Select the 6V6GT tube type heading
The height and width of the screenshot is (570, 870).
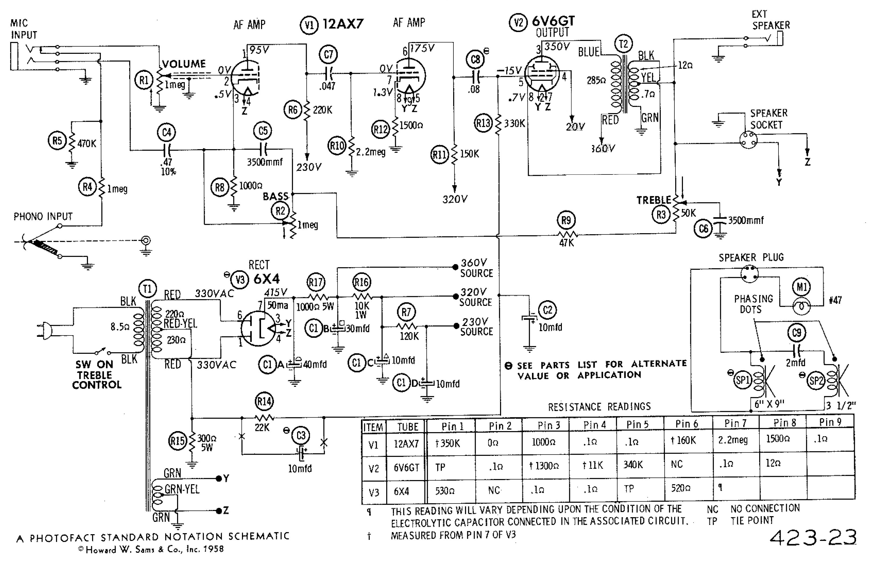pos(553,21)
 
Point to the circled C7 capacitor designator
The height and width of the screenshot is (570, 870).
pos(328,54)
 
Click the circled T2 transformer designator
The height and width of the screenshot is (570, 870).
pos(623,44)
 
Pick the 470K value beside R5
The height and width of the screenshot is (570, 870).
pos(87,144)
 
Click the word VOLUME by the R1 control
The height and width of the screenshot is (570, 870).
pos(184,64)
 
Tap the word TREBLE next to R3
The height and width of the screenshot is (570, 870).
pos(654,200)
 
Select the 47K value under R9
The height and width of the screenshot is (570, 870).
pos(566,243)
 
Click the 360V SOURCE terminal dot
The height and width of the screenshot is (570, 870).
pos(455,267)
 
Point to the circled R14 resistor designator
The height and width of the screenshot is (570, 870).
pos(264,402)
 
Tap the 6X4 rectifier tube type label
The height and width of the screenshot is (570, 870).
pos(266,279)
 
